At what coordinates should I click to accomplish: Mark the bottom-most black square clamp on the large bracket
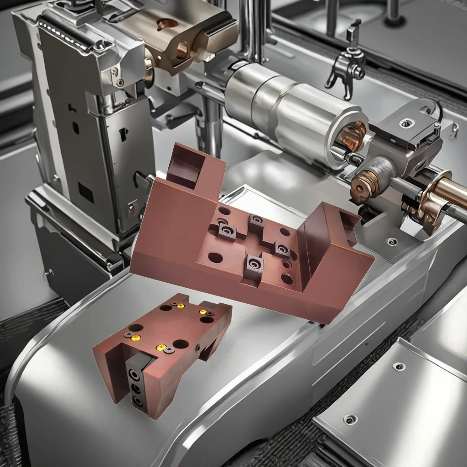click(x=254, y=265)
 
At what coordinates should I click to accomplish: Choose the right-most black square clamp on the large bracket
click(x=281, y=249)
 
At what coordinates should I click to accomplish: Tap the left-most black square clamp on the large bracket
click(x=226, y=232)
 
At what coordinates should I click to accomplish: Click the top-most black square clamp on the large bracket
click(x=257, y=222)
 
